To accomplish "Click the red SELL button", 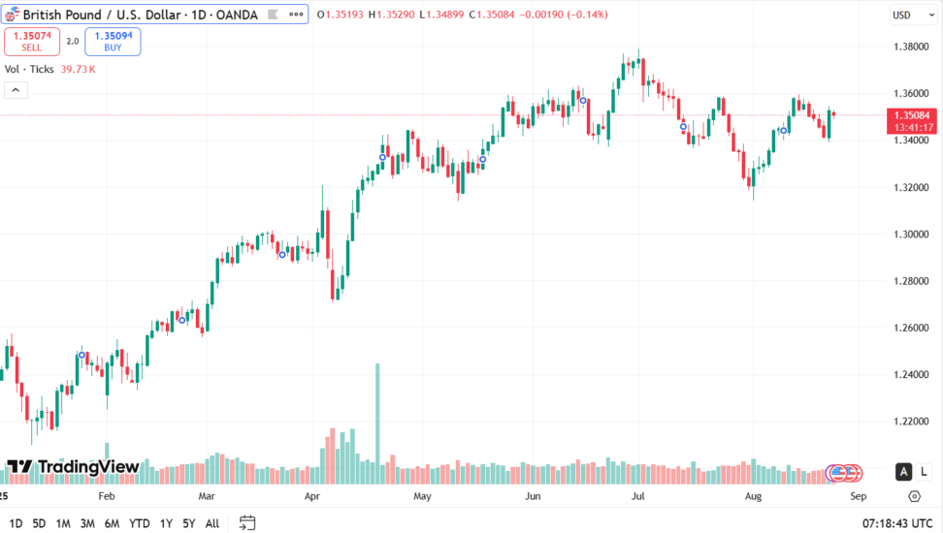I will pos(32,42).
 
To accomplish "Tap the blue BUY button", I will pos(113,42).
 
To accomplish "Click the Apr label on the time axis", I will pos(312,496).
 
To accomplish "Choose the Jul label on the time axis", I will pos(638,496).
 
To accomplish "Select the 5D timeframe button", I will pos(39,523).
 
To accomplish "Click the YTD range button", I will pos(139,523).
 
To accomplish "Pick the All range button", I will pos(211,523).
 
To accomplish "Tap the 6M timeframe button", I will pos(112,523).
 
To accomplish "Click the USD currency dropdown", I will pos(904,15).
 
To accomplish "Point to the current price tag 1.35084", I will pos(913,115).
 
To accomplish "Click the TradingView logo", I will pos(74,467).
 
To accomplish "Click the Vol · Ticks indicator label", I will pos(29,69).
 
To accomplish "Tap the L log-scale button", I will pos(924,472).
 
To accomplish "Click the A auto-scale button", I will pos(903,472).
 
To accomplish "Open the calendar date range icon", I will pos(247,523).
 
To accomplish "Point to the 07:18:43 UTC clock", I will pos(898,523).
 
